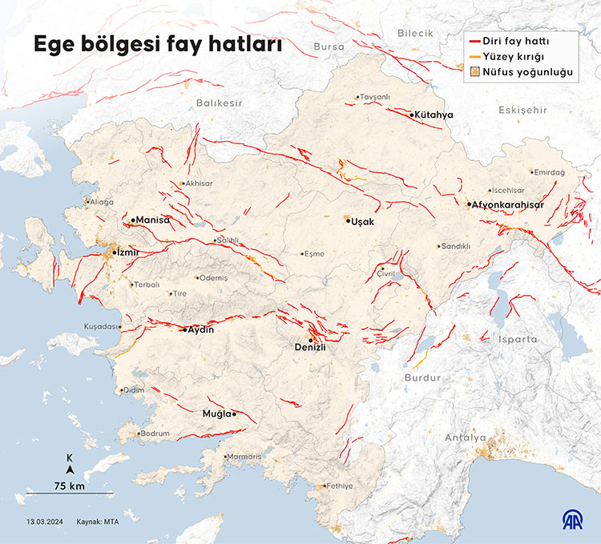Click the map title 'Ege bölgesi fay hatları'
pyautogui.click(x=157, y=46)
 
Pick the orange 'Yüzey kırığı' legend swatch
pyautogui.click(x=475, y=57)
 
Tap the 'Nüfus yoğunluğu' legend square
pyautogui.click(x=475, y=73)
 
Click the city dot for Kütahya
pyautogui.click(x=412, y=115)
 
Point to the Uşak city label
pyautogui.click(x=364, y=221)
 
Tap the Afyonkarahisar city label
pyautogui.click(x=509, y=205)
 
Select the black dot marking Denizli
pyautogui.click(x=311, y=340)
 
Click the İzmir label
pyautogui.click(x=127, y=252)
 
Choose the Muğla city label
pyautogui.click(x=216, y=414)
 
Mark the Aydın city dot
pyautogui.click(x=184, y=330)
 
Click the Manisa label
pyautogui.click(x=153, y=220)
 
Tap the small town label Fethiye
pyautogui.click(x=337, y=486)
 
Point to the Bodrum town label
pyautogui.click(x=155, y=434)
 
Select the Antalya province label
pyautogui.click(x=466, y=438)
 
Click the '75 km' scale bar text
pyautogui.click(x=70, y=486)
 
